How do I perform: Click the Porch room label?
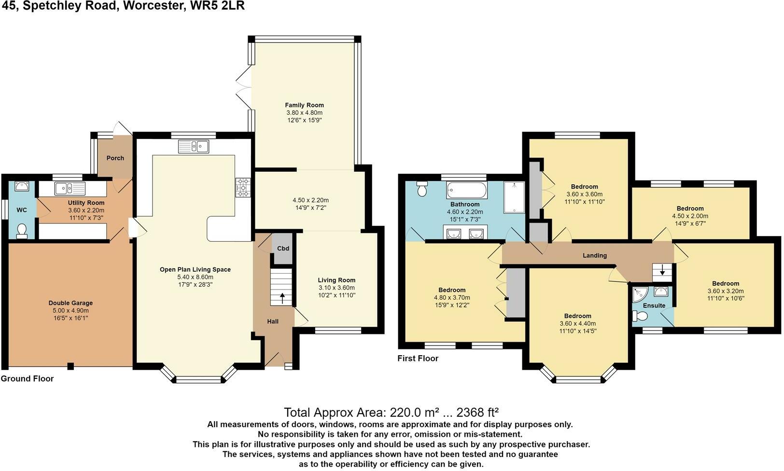(115, 158)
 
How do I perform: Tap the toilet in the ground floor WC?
(22, 231)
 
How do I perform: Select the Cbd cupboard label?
(283, 249)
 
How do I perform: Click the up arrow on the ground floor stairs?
(282, 299)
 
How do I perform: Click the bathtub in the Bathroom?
(466, 190)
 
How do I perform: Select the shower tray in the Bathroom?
(514, 197)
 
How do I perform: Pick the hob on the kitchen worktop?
(243, 188)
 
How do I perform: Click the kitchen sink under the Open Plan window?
(194, 147)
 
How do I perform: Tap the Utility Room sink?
(70, 189)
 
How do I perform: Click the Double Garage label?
(70, 303)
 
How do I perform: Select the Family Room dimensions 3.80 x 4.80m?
(305, 112)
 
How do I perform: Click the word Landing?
(595, 255)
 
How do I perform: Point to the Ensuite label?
(654, 305)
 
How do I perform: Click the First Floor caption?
(418, 359)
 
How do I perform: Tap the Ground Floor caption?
(28, 379)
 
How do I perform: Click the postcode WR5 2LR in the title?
(217, 6)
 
